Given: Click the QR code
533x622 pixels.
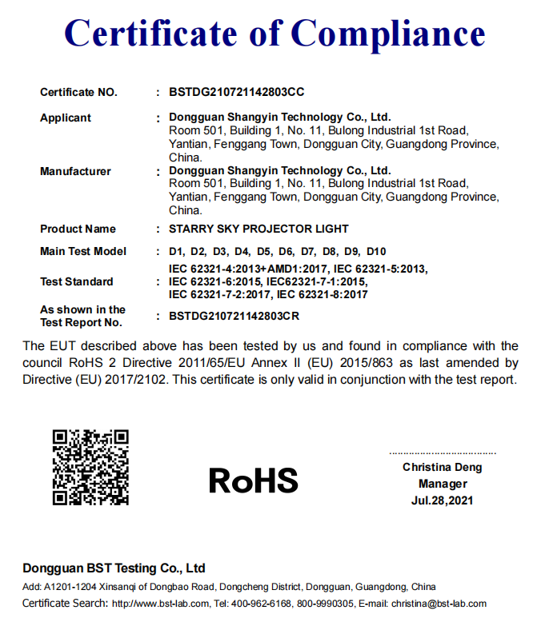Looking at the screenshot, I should pos(90,468).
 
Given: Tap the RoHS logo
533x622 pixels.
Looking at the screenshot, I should pos(253,480).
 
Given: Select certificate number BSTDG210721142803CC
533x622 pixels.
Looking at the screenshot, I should pos(237,92).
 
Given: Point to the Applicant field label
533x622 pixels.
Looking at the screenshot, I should pos(66,118).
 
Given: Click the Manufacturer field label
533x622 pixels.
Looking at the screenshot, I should pos(75,171).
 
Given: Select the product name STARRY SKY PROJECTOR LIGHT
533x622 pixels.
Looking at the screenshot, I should pos(259,229).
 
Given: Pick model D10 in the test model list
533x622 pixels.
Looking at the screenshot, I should pos(376,251).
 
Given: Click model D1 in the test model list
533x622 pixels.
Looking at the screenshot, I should pos(177,251).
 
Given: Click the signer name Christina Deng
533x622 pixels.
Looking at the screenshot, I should pos(443,467).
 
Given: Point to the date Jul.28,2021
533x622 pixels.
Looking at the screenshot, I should pos(443,500).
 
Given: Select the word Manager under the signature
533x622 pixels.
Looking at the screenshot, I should pos(443,484).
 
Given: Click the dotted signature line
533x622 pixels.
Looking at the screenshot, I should pos(443,453).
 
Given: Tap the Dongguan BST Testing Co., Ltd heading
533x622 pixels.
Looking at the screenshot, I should pos(114,568).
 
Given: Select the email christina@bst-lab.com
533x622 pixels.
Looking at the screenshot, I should pos(437,604).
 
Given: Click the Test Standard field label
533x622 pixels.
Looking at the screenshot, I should pos(77,281).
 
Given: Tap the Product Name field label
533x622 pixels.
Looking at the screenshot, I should pos(78,229).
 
